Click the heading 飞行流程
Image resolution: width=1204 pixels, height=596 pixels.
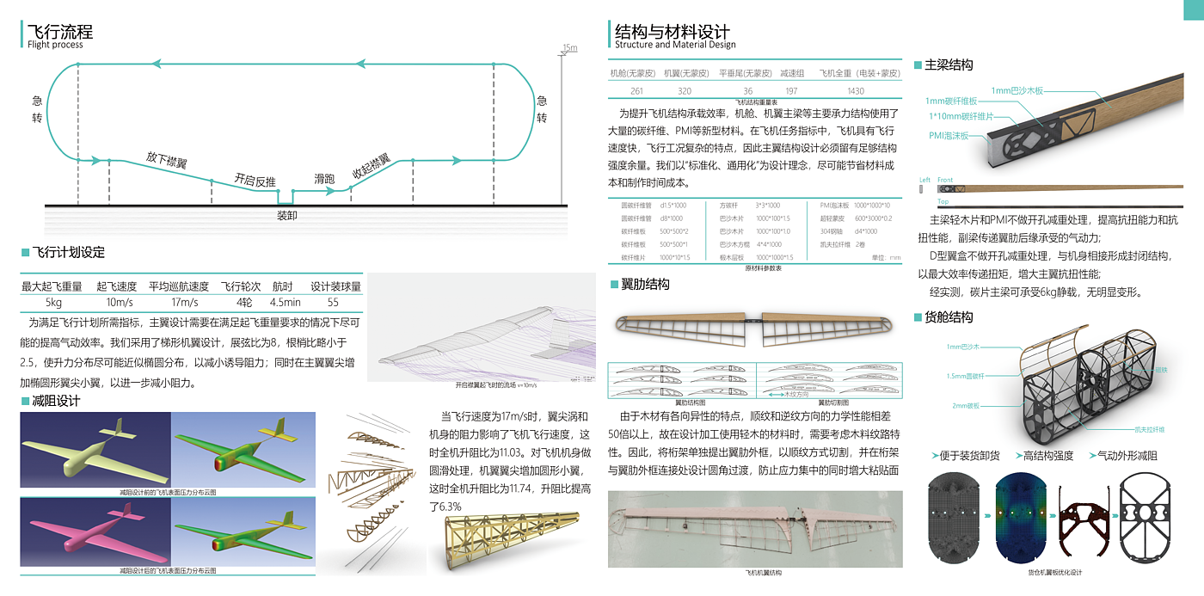point(60,33)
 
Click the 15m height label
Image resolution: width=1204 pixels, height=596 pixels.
point(569,47)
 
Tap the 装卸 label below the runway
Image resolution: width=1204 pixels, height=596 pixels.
point(287,216)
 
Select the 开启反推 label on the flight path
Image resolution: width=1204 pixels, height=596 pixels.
point(255,181)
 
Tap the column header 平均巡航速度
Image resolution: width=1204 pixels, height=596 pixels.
point(178,287)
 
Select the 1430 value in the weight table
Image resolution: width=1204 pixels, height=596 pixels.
point(855,91)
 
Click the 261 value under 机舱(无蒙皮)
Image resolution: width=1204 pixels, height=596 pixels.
point(636,91)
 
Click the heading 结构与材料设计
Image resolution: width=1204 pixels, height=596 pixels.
point(672,33)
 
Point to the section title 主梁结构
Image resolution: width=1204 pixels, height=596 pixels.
point(949,65)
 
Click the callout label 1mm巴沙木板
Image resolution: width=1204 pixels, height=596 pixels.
point(1017,90)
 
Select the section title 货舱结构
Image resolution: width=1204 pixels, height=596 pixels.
point(949,317)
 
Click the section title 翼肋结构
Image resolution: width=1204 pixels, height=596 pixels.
point(644,285)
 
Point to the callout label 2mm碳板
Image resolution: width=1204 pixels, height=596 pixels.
point(965,405)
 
